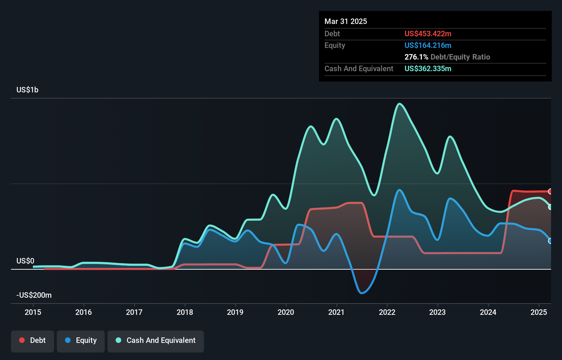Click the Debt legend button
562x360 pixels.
(33, 340)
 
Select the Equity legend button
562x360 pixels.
(81, 340)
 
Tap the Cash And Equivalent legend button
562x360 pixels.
(156, 340)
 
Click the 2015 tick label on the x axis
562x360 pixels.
(33, 312)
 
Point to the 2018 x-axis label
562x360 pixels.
(185, 312)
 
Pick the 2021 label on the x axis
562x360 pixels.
(336, 312)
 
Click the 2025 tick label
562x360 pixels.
(539, 312)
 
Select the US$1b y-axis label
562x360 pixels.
(27, 90)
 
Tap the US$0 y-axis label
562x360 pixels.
(25, 261)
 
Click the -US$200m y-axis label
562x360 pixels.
(34, 295)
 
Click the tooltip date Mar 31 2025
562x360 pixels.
(346, 21)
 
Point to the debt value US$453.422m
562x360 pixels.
(428, 34)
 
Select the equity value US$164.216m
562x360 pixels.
(428, 45)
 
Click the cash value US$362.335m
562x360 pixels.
(428, 68)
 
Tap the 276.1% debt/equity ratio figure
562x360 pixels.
(416, 57)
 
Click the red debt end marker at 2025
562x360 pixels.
(550, 191)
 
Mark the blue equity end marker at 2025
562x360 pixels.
(550, 241)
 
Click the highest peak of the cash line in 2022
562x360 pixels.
(399, 103)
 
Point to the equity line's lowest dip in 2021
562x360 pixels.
(361, 293)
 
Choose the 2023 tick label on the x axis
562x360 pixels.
(437, 312)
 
